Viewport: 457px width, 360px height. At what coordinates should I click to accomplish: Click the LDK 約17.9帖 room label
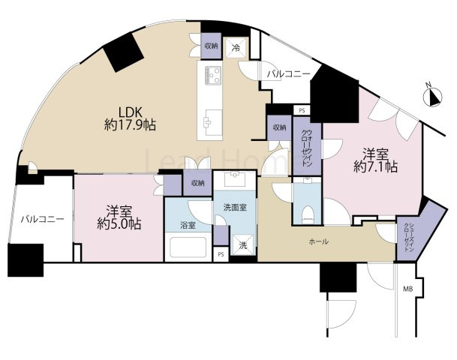pyautogui.click(x=130, y=118)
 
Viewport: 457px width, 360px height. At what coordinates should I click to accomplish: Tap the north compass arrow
pyautogui.click(x=432, y=97)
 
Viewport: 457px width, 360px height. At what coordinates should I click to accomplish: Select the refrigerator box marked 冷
pyautogui.click(x=236, y=48)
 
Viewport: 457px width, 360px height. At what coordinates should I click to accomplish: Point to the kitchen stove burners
pyautogui.click(x=213, y=76)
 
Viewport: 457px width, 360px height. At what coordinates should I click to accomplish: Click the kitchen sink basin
pyautogui.click(x=213, y=122)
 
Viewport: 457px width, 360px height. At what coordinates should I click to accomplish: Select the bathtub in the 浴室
pyautogui.click(x=188, y=247)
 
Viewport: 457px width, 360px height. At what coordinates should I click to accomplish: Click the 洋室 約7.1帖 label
pyautogui.click(x=375, y=160)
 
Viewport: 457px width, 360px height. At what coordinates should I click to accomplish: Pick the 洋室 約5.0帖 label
pyautogui.click(x=119, y=217)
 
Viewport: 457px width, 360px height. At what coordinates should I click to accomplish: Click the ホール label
pyautogui.click(x=319, y=241)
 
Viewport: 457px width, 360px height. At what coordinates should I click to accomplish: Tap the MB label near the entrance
pyautogui.click(x=407, y=289)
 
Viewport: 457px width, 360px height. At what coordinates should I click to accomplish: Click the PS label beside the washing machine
pyautogui.click(x=221, y=254)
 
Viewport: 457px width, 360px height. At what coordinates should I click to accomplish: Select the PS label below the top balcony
pyautogui.click(x=302, y=111)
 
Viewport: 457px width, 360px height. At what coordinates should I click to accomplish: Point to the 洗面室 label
pyautogui.click(x=235, y=208)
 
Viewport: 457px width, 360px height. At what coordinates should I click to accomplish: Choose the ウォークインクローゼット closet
pyautogui.click(x=307, y=146)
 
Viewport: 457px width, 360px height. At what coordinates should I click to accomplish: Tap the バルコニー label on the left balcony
pyautogui.click(x=42, y=219)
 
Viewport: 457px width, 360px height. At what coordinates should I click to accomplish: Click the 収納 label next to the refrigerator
pyautogui.click(x=211, y=46)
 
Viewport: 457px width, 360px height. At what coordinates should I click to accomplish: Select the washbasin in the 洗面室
pyautogui.click(x=235, y=178)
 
